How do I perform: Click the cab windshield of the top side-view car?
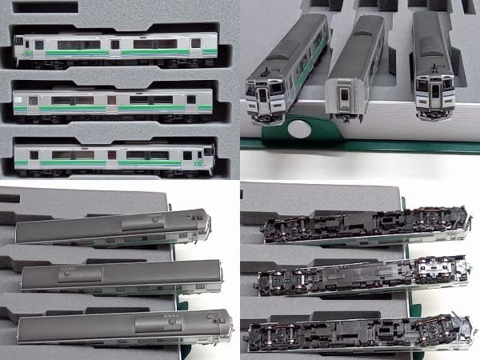click(x=18, y=42)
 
